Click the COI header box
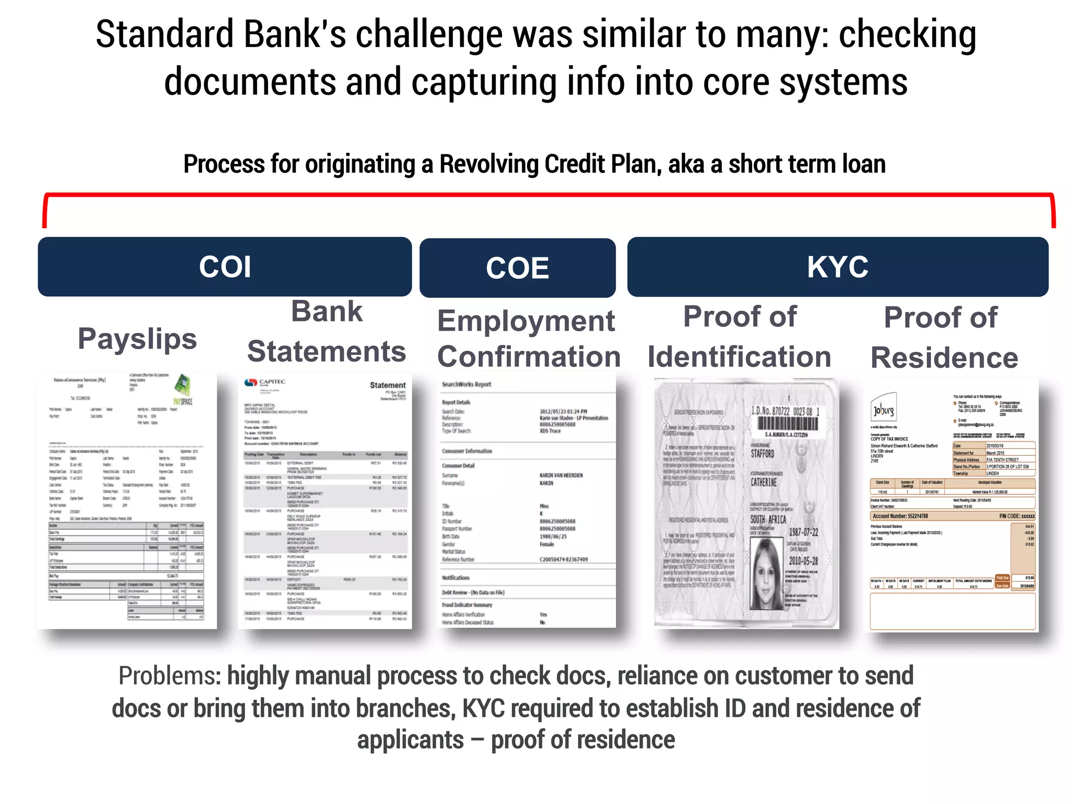pyautogui.click(x=225, y=266)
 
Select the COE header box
pyautogui.click(x=517, y=268)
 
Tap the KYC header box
pyautogui.click(x=837, y=266)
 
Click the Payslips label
pyautogui.click(x=137, y=339)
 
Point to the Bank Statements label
pyautogui.click(x=327, y=331)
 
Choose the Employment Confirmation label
pyautogui.click(x=528, y=339)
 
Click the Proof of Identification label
pyautogui.click(x=740, y=337)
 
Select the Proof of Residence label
pyautogui.click(x=944, y=338)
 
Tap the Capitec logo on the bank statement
pyautogui.click(x=265, y=383)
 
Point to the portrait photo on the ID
pyautogui.click(x=766, y=573)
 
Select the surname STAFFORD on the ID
pyautogui.click(x=762, y=453)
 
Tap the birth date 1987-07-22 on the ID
pyautogui.click(x=803, y=532)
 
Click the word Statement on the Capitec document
pyautogui.click(x=387, y=385)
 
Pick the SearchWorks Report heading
pyautogui.click(x=466, y=384)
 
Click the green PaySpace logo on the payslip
pyautogui.click(x=183, y=388)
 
